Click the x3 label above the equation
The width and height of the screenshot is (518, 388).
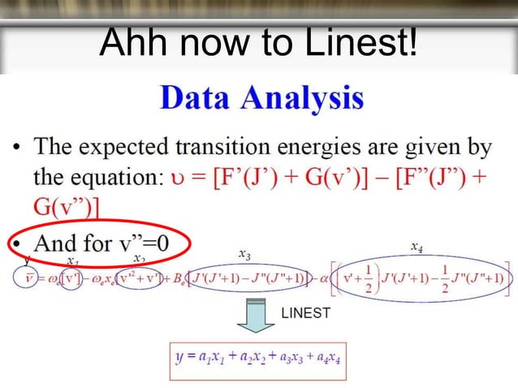pos(244,255)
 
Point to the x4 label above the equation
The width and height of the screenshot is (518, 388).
pos(416,245)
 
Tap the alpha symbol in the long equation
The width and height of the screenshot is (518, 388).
pos(324,280)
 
